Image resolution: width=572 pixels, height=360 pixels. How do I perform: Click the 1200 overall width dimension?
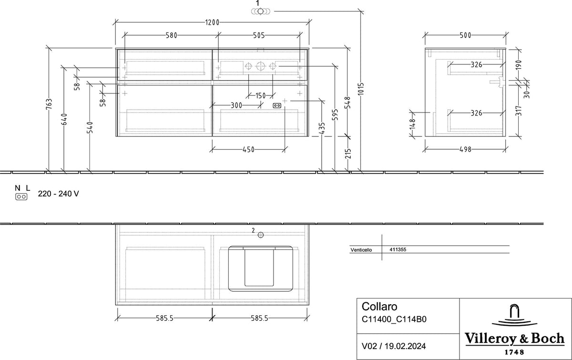(x=212, y=22)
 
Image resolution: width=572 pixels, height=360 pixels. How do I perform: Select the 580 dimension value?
(x=171, y=35)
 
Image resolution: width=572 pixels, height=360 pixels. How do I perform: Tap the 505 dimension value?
(x=259, y=35)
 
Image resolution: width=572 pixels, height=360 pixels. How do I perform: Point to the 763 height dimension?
(x=49, y=104)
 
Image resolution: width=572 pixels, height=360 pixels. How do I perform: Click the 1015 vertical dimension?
(x=360, y=89)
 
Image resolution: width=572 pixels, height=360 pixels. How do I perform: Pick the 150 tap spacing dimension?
(x=260, y=96)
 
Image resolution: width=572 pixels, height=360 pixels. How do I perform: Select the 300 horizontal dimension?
(x=236, y=105)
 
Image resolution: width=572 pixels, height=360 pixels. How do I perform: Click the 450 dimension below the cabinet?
(x=248, y=149)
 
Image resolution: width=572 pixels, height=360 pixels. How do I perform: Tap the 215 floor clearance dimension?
(x=348, y=154)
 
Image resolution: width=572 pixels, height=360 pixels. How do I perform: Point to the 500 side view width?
(x=465, y=35)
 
